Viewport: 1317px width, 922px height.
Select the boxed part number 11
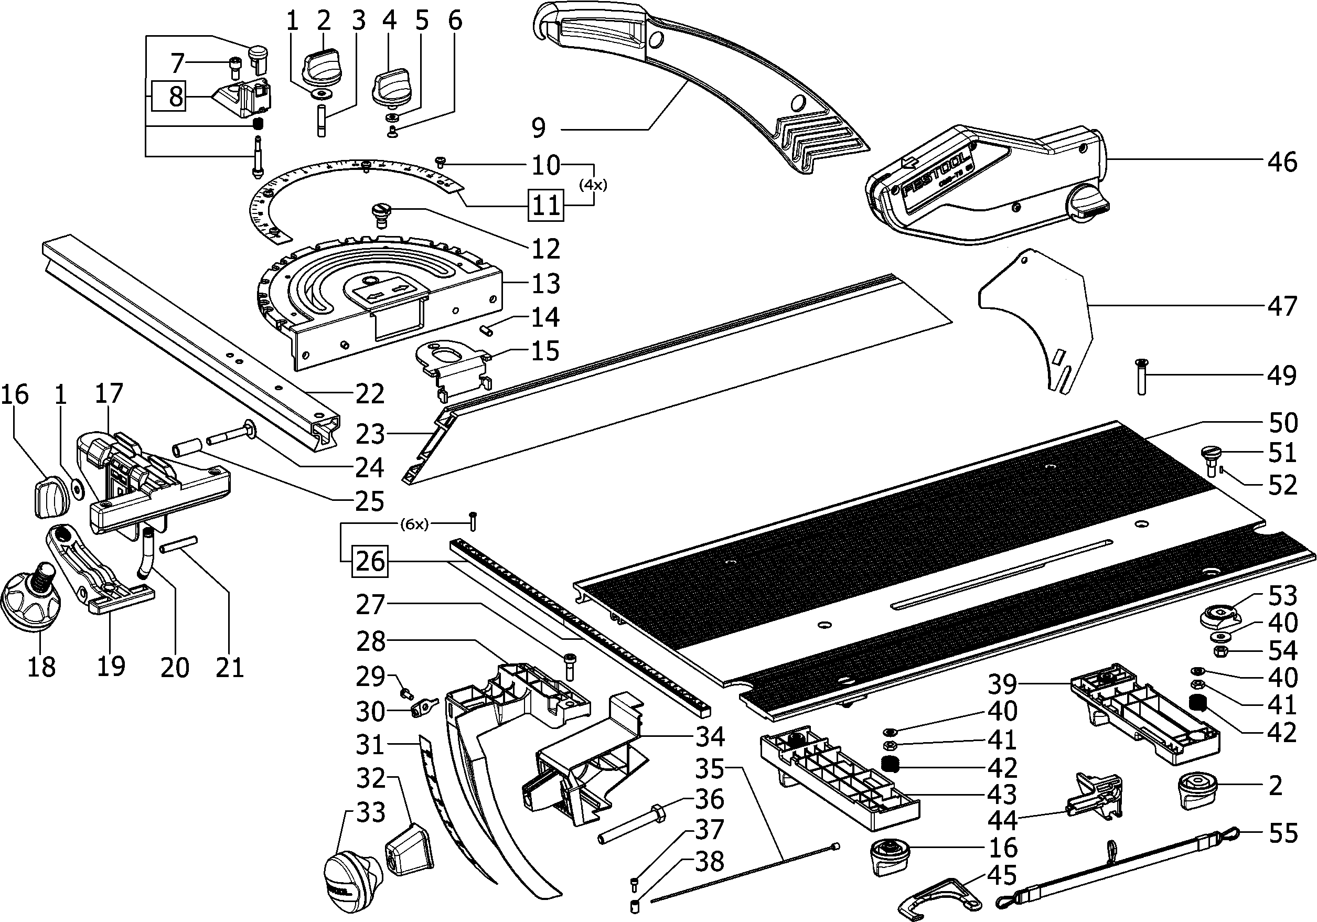[545, 206]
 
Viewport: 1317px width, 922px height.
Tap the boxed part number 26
[370, 561]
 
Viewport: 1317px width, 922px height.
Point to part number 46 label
[1281, 163]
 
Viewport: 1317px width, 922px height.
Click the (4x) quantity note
[593, 185]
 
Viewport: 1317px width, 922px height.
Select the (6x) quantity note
[413, 524]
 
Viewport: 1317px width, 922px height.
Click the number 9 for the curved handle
[538, 128]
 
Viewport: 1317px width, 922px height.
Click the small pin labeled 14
[488, 331]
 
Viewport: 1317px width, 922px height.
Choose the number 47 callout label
[1281, 306]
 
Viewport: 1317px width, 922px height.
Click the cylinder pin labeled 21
[179, 543]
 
